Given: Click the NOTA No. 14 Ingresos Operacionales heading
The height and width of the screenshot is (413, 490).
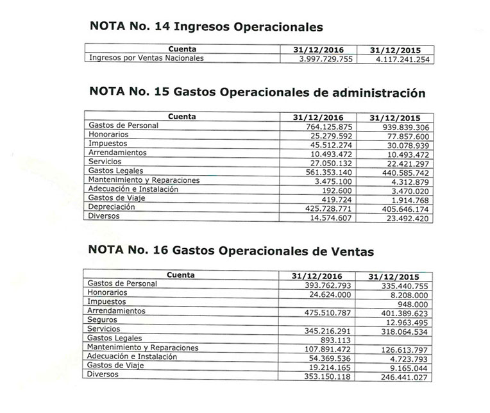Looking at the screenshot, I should (206, 27).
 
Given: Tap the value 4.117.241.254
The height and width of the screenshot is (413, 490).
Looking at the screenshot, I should (398, 60).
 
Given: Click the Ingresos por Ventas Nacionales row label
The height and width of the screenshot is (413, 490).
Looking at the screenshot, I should (147, 58).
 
